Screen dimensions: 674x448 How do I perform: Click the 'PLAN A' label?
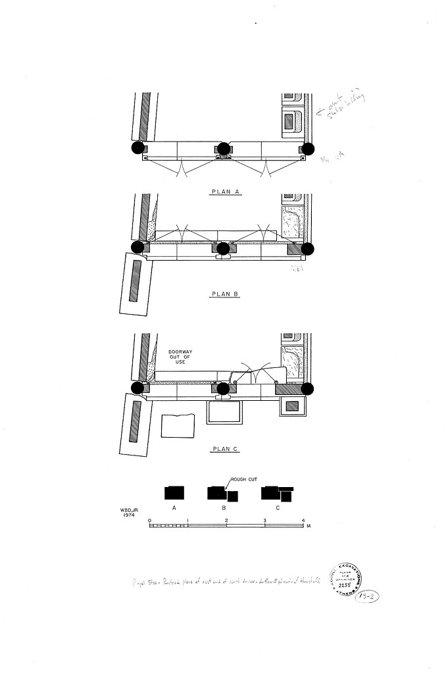(224, 192)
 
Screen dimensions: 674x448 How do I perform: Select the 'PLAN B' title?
(224, 294)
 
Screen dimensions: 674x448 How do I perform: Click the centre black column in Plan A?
(224, 148)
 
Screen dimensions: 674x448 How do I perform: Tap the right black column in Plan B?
(308, 249)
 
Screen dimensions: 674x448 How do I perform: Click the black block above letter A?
(174, 493)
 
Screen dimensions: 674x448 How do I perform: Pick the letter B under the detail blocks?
(224, 509)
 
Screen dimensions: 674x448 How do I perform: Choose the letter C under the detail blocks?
(277, 509)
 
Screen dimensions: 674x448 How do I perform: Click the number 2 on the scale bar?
(226, 521)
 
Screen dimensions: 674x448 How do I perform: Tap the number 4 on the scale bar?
(303, 521)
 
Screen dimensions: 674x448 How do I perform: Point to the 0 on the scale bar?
(150, 521)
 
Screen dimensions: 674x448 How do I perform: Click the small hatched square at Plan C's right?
(293, 407)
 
